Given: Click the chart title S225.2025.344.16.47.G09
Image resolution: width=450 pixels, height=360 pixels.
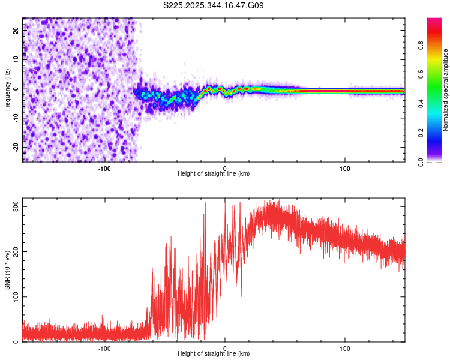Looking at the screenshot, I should pyautogui.click(x=214, y=6).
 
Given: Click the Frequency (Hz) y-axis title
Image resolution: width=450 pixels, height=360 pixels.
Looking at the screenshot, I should pyautogui.click(x=7, y=90).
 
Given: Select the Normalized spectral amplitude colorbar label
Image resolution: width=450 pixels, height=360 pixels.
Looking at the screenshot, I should pyautogui.click(x=446, y=90).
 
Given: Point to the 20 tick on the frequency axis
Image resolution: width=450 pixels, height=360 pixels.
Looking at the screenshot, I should pyautogui.click(x=16, y=29).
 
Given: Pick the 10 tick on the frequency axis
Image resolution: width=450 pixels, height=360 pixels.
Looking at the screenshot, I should pyautogui.click(x=16, y=59).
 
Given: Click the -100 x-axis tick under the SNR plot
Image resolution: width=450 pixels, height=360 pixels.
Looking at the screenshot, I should pyautogui.click(x=104, y=348).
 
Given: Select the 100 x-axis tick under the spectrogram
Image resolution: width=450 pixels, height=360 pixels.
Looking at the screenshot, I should pyautogui.click(x=345, y=169).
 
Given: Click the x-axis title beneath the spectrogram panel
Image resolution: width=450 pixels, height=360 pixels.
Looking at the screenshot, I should pyautogui.click(x=214, y=174).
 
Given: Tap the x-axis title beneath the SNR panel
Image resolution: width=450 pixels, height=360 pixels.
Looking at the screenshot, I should pyautogui.click(x=214, y=354).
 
